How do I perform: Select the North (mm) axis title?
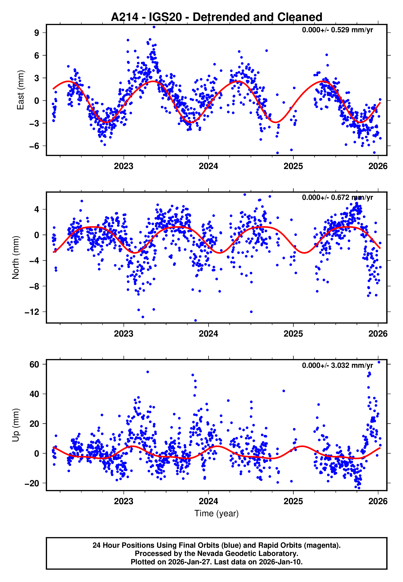16,258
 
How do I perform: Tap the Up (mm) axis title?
16,425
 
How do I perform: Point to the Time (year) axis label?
216,513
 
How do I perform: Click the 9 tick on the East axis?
37,33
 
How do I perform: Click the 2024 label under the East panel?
208,166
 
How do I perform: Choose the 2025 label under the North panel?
293,334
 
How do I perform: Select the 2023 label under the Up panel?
123,501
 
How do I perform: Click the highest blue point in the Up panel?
379,362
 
